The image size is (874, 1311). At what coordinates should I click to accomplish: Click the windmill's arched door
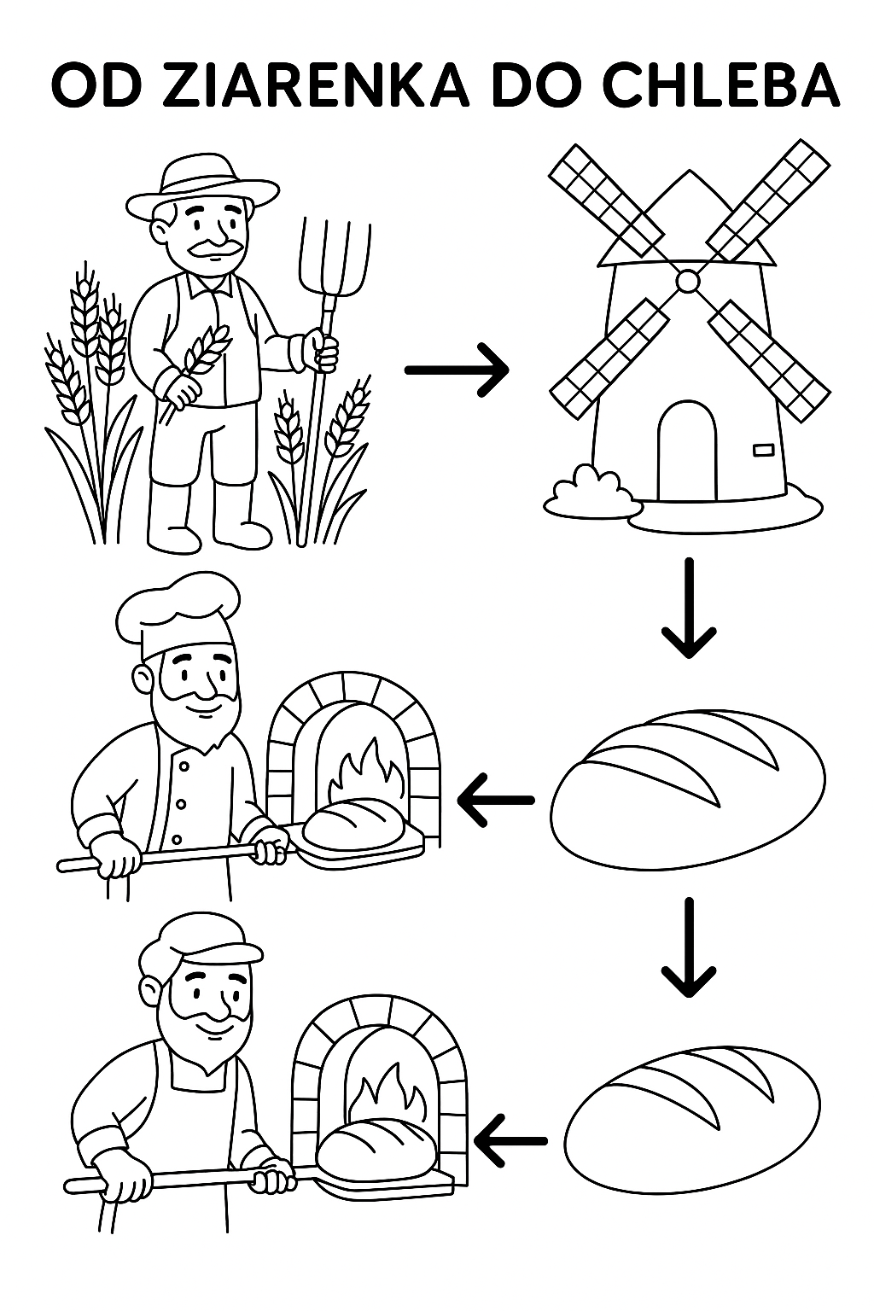(686, 449)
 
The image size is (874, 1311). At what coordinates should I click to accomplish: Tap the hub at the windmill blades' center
(687, 281)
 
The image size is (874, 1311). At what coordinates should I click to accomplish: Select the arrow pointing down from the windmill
(689, 608)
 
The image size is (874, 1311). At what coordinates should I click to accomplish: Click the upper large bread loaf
(688, 790)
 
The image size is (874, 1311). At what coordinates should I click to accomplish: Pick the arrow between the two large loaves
(689, 947)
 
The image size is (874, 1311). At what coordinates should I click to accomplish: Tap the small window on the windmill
(761, 447)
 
